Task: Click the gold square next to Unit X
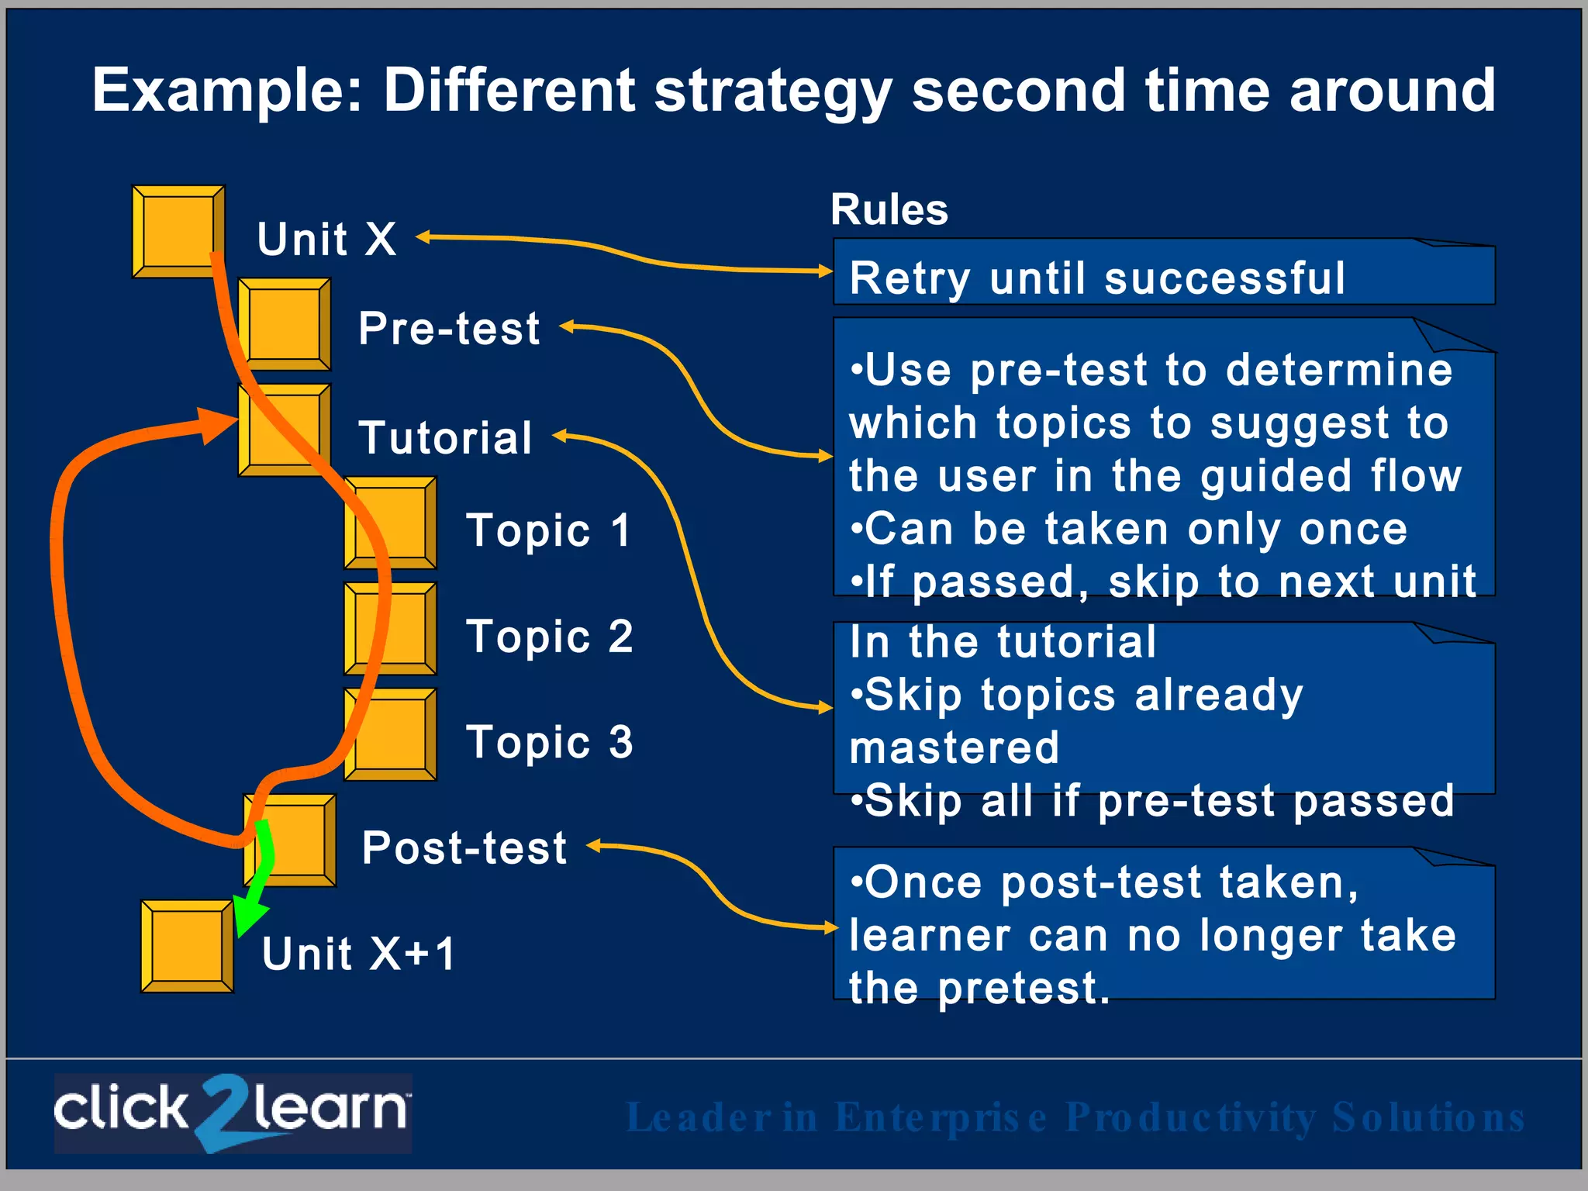[178, 230]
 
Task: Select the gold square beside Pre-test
[284, 323]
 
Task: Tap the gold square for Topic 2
[390, 629]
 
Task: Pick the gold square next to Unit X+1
[186, 946]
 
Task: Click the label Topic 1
[548, 531]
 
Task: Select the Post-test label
[464, 848]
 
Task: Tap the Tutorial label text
[445, 438]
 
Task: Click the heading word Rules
[889, 209]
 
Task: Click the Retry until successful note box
[1163, 273]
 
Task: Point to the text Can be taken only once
[1128, 530]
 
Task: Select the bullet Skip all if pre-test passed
[1151, 801]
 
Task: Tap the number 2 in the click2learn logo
[221, 1110]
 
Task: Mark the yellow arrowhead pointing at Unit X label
[423, 237]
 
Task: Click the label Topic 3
[549, 742]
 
